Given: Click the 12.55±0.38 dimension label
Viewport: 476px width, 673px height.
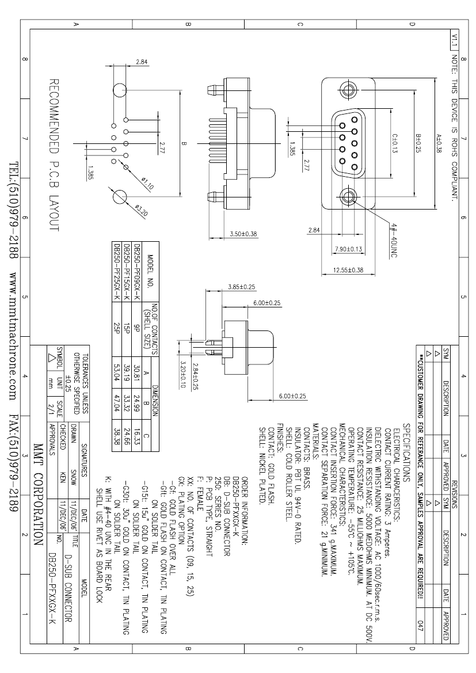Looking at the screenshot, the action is pos(348,270).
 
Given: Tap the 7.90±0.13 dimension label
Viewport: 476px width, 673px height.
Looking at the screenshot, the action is pos(348,249).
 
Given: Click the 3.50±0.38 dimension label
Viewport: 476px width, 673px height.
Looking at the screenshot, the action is pos(243,234).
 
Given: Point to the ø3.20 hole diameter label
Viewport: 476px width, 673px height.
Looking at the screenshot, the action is pos(141,210).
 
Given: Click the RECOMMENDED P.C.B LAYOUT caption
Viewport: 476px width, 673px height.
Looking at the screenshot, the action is pos(54,155).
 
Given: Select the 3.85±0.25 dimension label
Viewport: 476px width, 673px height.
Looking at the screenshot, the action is pos(242,287).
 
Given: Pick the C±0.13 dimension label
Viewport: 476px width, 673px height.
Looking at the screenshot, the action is pos(395,143).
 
